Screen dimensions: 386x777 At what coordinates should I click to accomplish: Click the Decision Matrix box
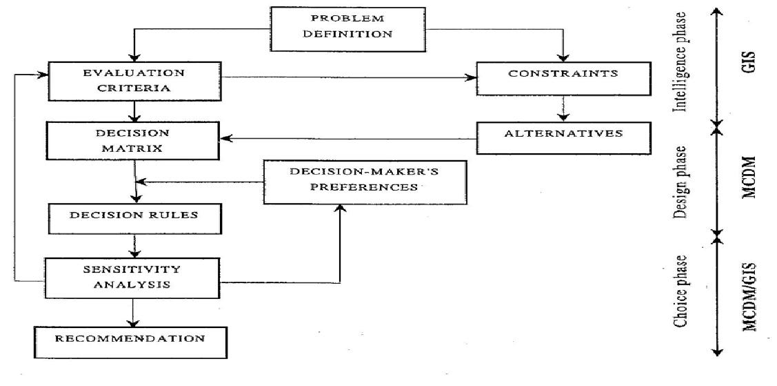pyautogui.click(x=133, y=140)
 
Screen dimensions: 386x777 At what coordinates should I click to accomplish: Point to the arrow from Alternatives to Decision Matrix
pyautogui.click(x=348, y=140)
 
